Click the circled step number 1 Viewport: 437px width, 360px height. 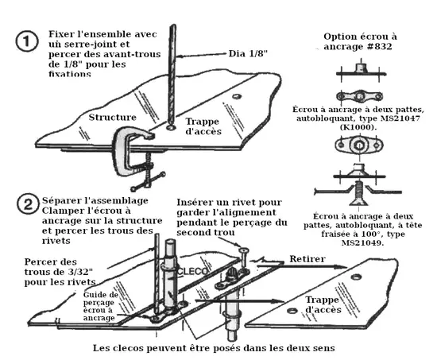26,41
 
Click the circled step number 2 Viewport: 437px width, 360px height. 28,204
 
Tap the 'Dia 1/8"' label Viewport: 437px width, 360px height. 248,53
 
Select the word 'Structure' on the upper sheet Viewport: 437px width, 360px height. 112,117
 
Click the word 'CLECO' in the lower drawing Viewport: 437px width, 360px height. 193,271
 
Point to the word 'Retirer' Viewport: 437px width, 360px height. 307,259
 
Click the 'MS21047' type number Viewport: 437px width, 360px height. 400,118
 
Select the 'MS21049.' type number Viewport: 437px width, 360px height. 362,242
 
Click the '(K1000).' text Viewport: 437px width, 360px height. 358,127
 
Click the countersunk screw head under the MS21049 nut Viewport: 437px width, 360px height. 358,202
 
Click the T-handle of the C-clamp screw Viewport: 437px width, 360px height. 149,181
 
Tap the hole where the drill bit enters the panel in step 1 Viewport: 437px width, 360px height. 171,127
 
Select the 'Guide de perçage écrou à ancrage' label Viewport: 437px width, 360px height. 99,306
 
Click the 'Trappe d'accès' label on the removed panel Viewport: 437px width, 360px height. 323,304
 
